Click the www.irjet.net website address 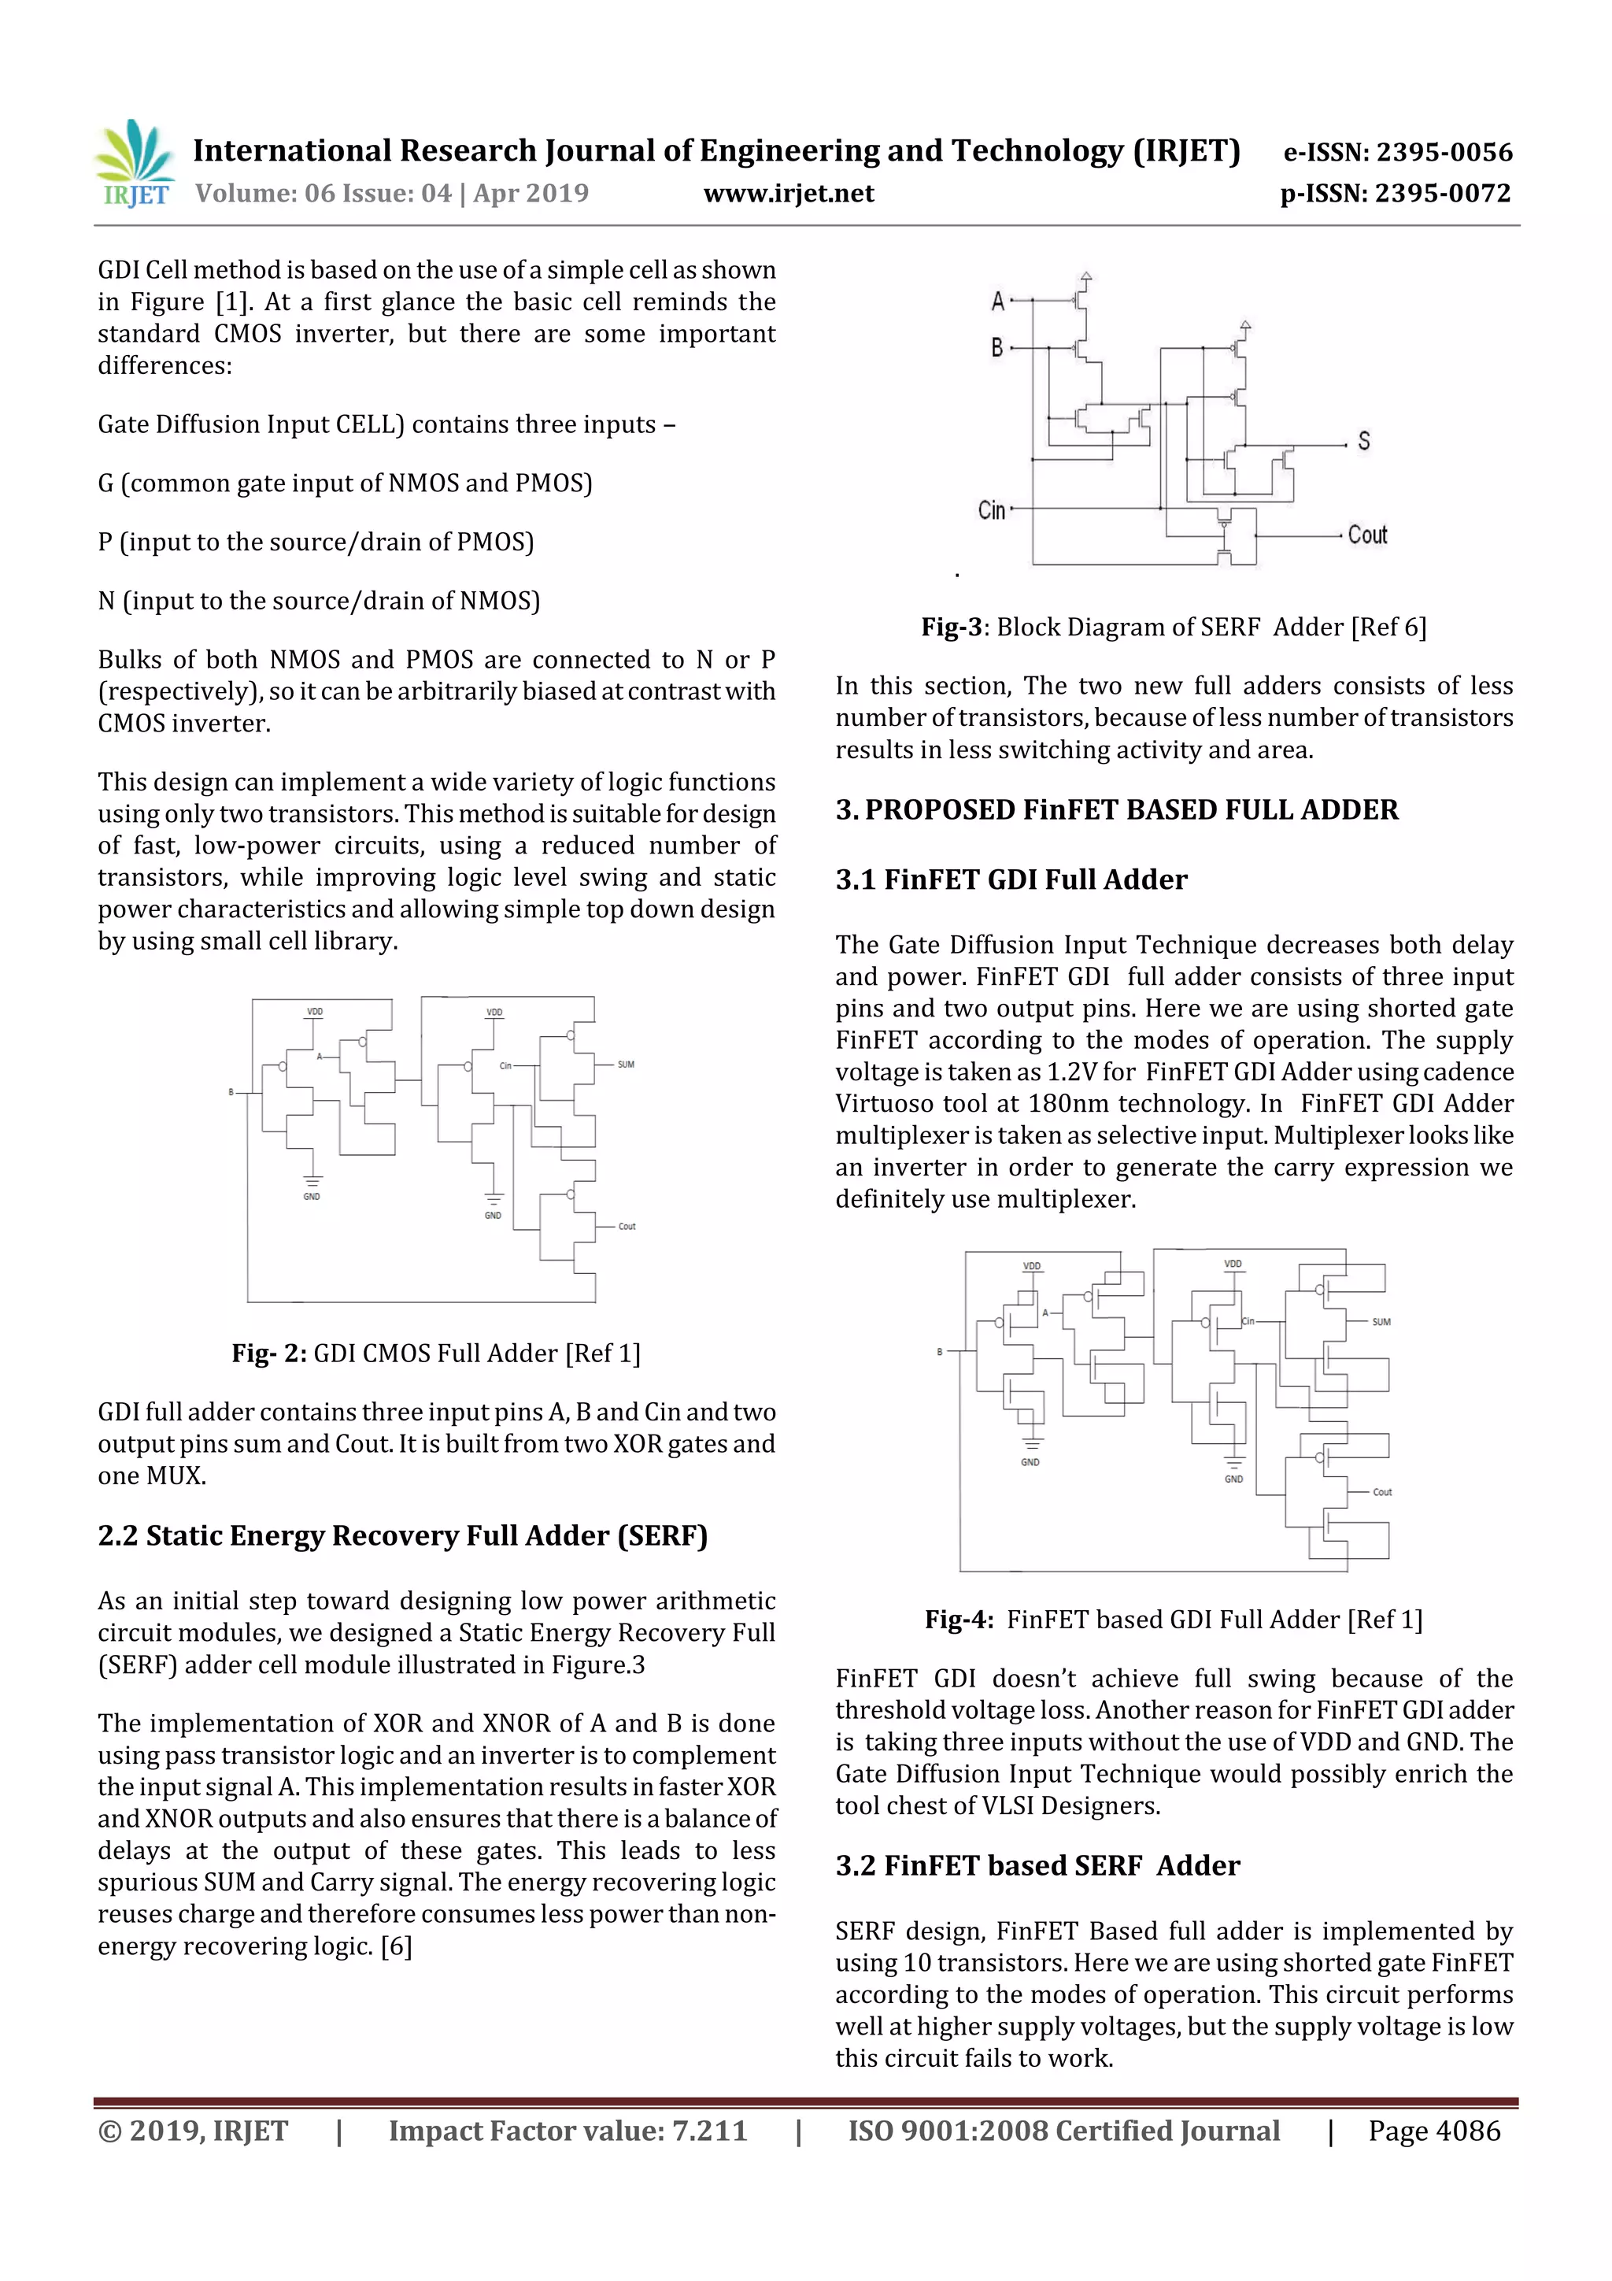pos(789,194)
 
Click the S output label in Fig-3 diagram pos(1364,441)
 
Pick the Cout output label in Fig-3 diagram pos(1366,535)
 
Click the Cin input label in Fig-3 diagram pos(991,511)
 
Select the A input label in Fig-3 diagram pos(997,300)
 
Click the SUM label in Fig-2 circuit pos(626,1065)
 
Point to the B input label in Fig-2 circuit pos(231,1092)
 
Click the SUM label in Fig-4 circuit pos(1381,1322)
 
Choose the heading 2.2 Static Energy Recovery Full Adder pos(402,1536)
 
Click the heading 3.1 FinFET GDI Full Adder pos(1011,879)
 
